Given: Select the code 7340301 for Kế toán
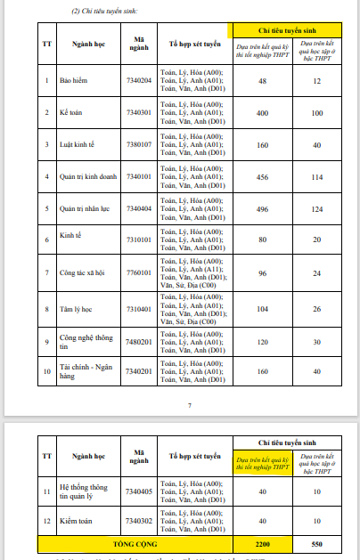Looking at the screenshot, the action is point(139,113).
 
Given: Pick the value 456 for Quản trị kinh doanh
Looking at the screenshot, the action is point(262,176).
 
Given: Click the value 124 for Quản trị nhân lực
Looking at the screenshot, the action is point(317,208).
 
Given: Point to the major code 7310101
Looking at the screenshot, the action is point(139,239).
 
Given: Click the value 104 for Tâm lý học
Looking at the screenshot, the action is point(262,307).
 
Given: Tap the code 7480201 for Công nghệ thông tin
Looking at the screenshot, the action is point(139,341).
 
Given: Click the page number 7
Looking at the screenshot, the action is point(190,405).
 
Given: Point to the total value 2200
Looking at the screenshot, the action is point(262,542).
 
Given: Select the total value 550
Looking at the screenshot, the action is point(317,542).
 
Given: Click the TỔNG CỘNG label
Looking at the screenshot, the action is point(134,542).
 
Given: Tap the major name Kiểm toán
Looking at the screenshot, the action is point(78,520).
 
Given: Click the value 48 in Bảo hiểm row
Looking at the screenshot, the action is point(262,81).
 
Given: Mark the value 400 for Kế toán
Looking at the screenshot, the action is point(262,113).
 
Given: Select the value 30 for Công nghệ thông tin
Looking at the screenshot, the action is point(317,341).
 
